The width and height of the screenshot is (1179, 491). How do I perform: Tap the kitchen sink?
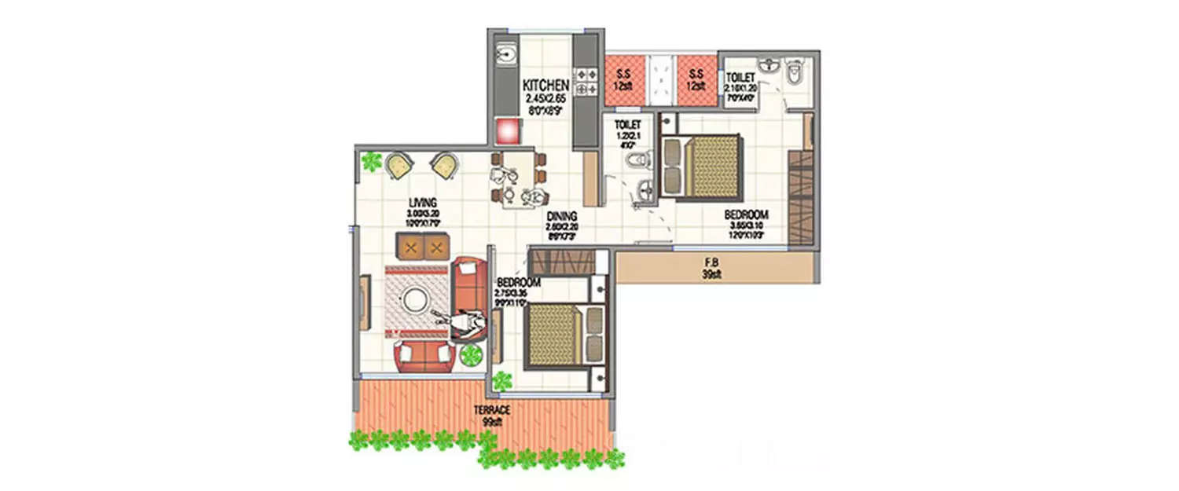pos(505,55)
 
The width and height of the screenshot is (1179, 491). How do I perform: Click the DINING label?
pos(563,217)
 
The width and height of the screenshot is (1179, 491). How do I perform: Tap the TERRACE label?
pos(492,411)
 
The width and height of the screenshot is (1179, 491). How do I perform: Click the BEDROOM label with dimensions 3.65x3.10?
pos(746,215)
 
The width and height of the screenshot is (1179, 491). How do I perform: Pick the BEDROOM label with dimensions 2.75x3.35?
pos(518,283)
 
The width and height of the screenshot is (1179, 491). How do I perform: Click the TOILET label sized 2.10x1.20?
pos(740,78)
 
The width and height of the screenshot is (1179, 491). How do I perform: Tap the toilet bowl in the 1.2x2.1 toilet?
pos(638,161)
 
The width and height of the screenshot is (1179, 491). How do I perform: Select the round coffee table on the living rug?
pos(414,299)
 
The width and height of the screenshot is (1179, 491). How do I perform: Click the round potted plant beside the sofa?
pos(471,355)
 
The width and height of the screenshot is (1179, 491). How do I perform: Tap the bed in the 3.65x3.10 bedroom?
pos(701,167)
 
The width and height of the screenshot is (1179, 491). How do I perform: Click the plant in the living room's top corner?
pos(369,161)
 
